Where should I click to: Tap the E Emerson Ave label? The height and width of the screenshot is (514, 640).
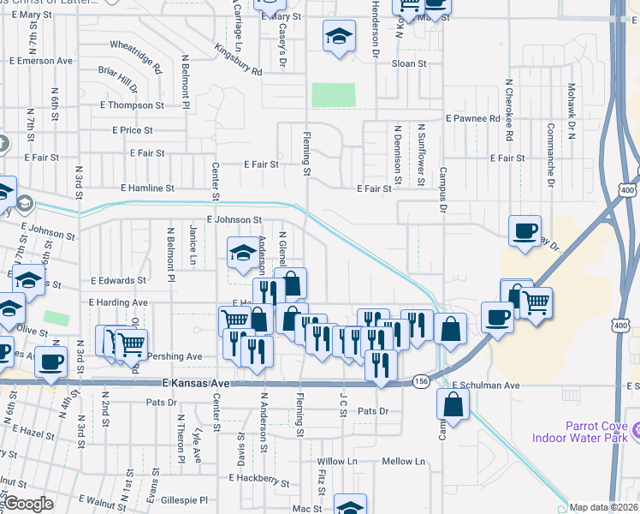(x=41, y=61)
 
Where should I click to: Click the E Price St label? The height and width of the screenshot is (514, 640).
(x=133, y=130)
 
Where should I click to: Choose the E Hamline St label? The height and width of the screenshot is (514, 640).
(x=147, y=188)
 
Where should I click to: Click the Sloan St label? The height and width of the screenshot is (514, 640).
(x=409, y=64)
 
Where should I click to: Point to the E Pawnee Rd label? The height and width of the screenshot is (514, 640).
(x=472, y=118)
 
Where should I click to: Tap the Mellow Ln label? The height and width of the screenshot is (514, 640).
(x=404, y=462)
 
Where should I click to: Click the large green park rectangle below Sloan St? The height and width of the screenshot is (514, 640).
(x=334, y=95)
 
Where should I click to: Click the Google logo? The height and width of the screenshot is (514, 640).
(x=28, y=505)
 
